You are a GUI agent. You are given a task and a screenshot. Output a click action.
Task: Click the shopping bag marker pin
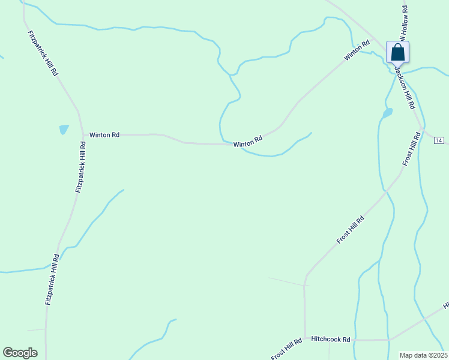point(397,53)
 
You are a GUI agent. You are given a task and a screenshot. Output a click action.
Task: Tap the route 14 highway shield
point(439,140)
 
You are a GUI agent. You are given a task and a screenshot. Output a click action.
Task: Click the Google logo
point(20,353)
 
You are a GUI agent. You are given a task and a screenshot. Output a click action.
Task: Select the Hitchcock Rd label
point(330,339)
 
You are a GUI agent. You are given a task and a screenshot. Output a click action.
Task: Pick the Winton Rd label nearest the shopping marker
point(357,50)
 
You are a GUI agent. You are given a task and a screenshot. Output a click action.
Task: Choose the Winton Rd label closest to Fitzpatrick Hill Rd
point(104,135)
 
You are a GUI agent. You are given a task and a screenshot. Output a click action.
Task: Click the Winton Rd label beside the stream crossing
point(248,142)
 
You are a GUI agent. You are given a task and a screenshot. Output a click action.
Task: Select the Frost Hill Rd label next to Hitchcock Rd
point(285,350)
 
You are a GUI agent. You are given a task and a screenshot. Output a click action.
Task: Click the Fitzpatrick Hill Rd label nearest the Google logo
point(52,279)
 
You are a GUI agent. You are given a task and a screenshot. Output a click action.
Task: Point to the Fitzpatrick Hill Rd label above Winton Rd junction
point(43,53)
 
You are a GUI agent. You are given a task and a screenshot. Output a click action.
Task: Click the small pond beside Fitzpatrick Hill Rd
point(64,129)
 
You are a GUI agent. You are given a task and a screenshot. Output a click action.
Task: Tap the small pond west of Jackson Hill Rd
point(387,112)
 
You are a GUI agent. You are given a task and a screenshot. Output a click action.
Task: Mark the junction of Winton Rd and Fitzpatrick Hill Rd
point(80,135)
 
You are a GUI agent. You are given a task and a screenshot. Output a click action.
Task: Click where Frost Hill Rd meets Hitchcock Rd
point(305,339)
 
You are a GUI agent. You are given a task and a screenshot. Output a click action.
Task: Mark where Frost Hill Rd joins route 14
point(424,130)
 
